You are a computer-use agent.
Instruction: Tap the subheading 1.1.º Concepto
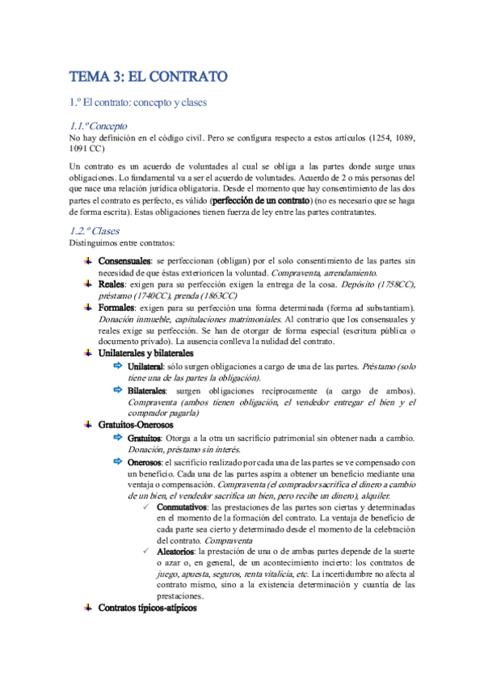tap(99, 126)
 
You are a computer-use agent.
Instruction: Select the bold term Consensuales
tap(124, 262)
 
